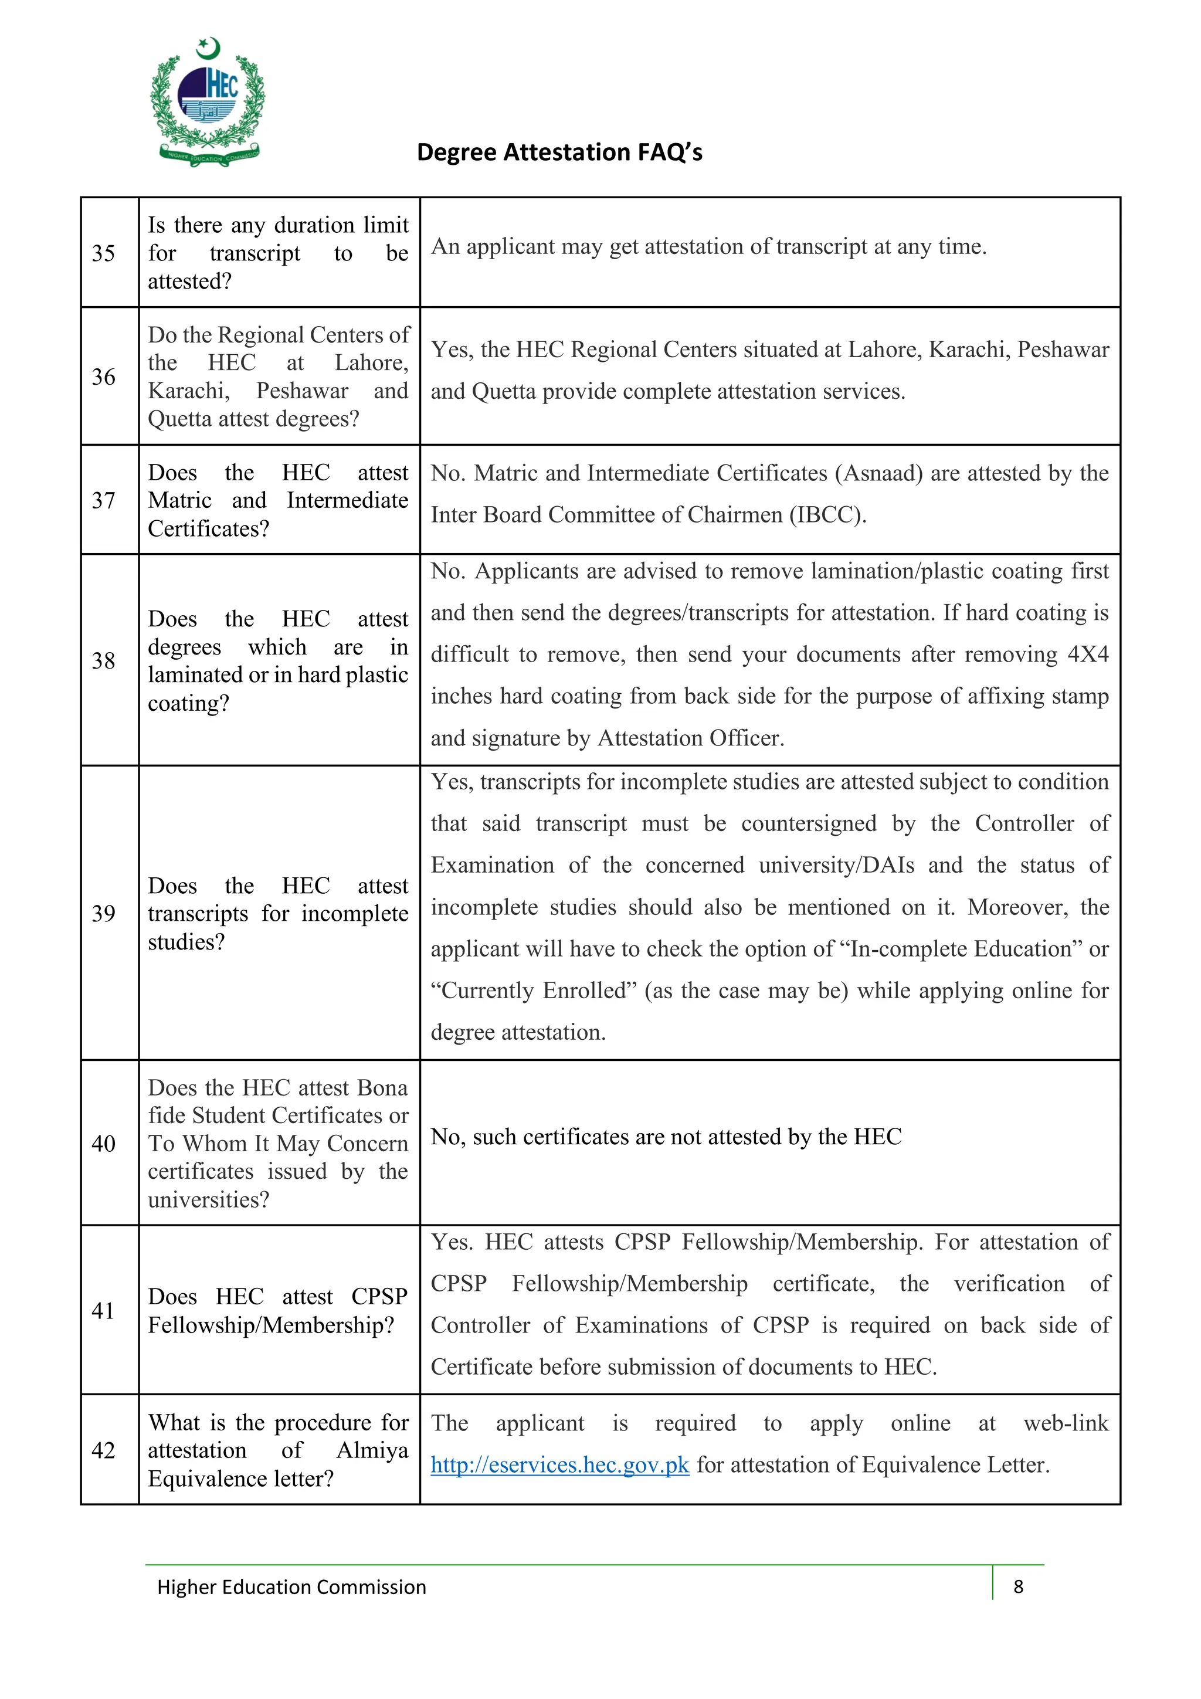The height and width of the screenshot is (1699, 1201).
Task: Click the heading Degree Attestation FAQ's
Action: (559, 152)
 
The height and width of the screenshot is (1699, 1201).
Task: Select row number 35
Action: (104, 253)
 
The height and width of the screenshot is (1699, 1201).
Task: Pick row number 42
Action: (104, 1450)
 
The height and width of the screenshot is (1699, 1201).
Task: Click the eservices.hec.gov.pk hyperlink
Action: (559, 1464)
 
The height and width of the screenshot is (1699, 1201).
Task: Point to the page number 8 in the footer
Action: (1018, 1586)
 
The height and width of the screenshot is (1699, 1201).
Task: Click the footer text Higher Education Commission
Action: (291, 1586)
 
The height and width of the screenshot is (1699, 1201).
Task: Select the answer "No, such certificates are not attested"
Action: (666, 1137)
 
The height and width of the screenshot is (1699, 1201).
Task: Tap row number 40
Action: (104, 1143)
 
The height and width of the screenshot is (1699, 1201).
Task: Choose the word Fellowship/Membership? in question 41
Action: (271, 1325)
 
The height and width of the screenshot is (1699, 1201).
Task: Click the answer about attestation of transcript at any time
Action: (708, 246)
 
